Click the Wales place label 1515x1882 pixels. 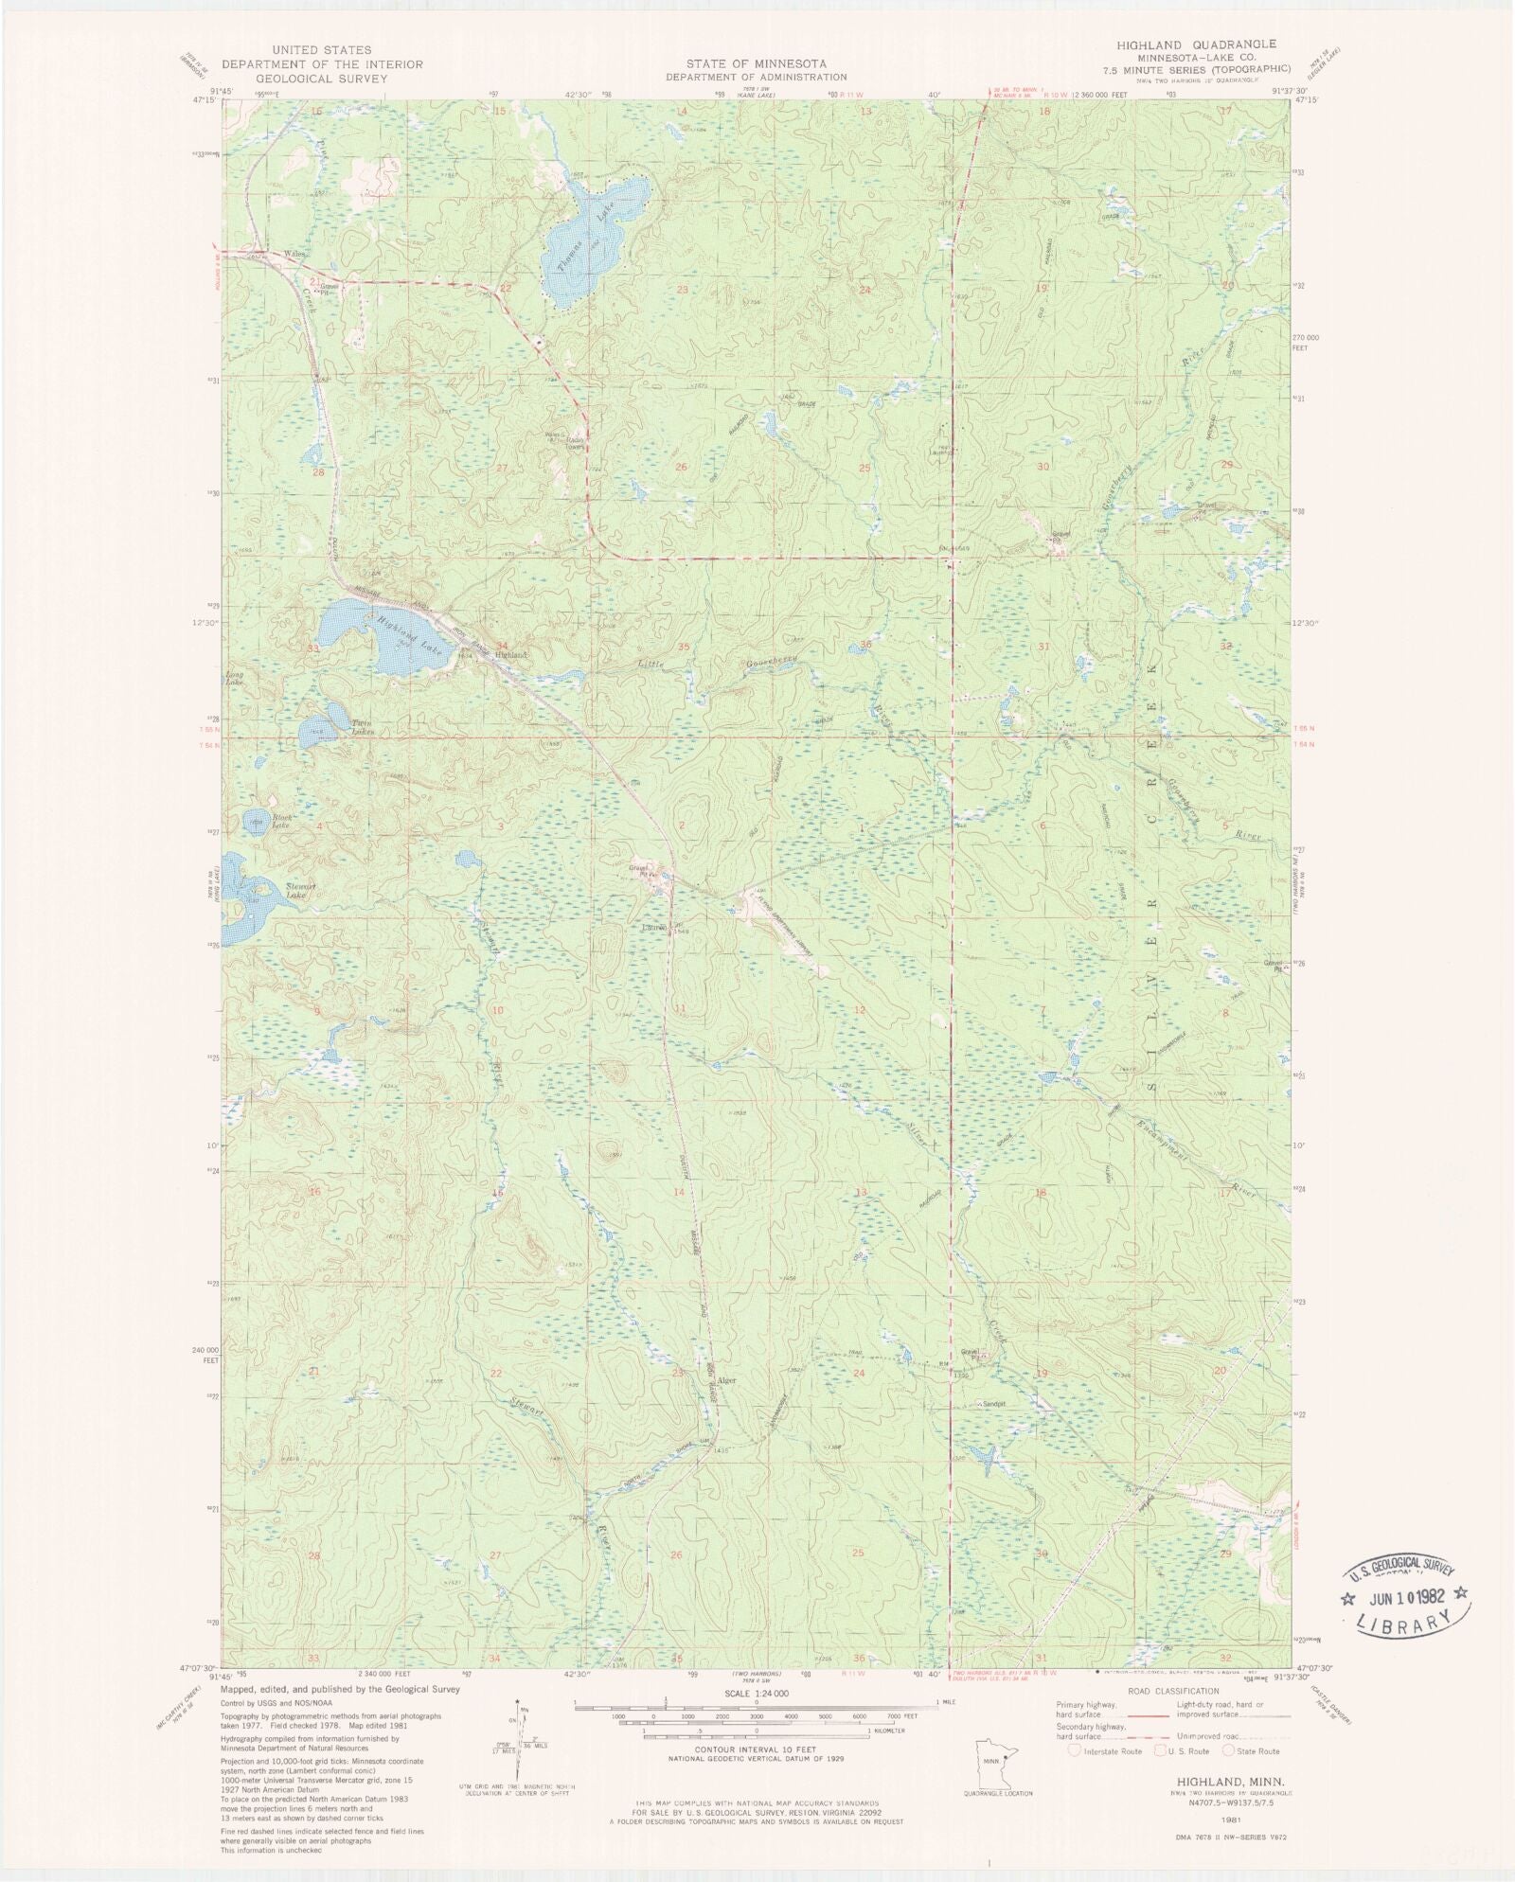click(x=294, y=255)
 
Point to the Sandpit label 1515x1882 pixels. click(x=993, y=1403)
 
